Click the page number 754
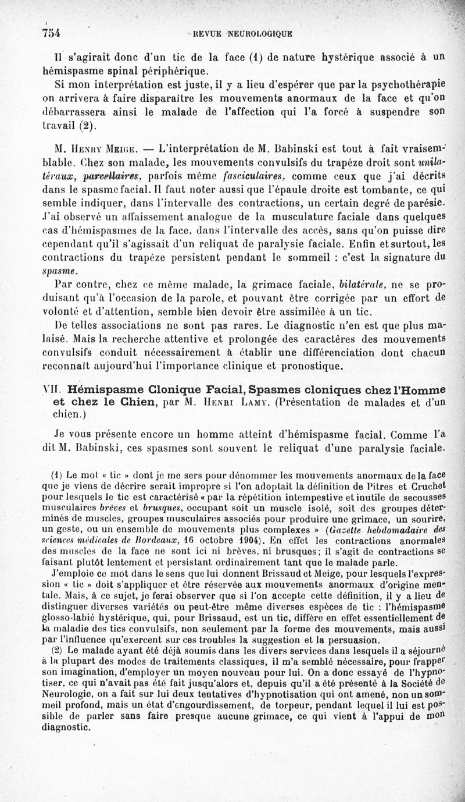pos(52,33)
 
